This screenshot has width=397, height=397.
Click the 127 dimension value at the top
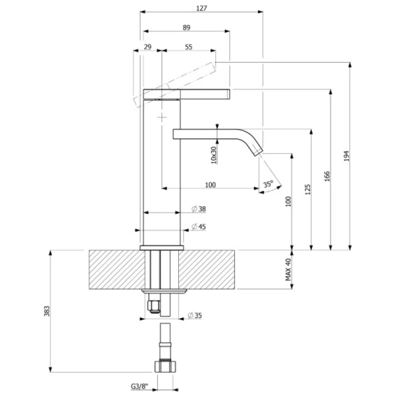coord(201,8)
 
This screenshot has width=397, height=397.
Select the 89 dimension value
coord(187,27)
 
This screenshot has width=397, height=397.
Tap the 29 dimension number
coord(147,47)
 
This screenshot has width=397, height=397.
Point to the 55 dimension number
coord(189,47)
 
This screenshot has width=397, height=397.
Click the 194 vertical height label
coord(347,156)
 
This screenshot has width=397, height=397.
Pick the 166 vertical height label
coord(327,176)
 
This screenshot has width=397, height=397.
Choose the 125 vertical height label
coord(308,189)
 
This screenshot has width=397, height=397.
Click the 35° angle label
coord(268,184)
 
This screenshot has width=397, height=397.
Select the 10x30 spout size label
coord(214,155)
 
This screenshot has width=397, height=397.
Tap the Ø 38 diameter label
coord(198,209)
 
